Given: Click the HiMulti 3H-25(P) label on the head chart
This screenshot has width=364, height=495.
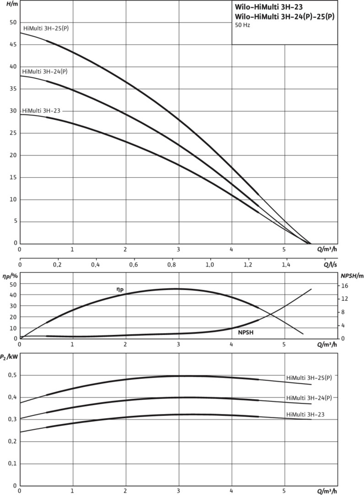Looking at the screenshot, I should click(49, 28).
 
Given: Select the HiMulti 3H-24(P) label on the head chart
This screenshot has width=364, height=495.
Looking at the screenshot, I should click(48, 71).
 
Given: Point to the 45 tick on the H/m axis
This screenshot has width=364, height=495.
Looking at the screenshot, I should click(12, 44).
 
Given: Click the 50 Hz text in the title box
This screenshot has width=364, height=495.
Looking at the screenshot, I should click(243, 25).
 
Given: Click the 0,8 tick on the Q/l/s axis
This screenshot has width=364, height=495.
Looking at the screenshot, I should click(172, 265).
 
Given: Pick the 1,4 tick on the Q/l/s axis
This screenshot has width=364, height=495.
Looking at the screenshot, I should click(286, 265).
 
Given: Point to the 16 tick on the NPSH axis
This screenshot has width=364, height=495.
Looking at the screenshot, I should click(344, 285).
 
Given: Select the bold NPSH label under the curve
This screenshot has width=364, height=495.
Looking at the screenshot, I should click(246, 331).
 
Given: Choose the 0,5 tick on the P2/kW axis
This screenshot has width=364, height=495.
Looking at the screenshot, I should click(11, 375).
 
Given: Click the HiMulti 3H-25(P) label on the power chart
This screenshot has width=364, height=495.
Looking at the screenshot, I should click(309, 378).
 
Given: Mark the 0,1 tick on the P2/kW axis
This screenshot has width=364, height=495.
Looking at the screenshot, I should click(11, 464).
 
